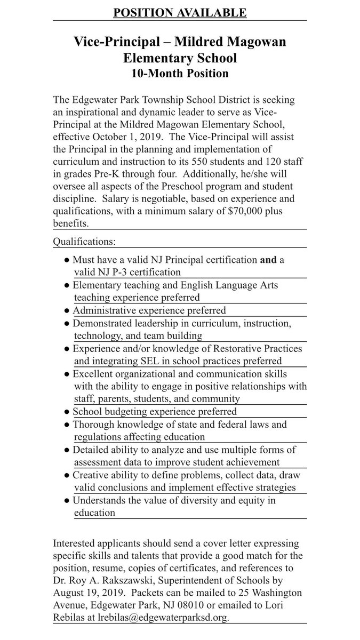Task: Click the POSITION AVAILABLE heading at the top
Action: [180, 12]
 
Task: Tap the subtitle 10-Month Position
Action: [180, 74]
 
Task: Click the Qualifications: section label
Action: [84, 241]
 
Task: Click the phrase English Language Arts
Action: [231, 285]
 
